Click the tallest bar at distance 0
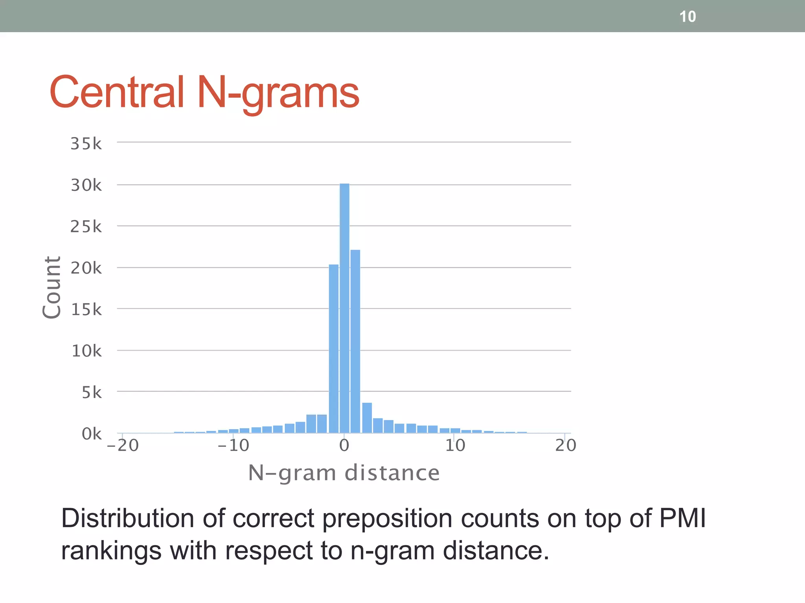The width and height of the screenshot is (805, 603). coord(344,308)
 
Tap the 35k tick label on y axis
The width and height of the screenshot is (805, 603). coord(86,144)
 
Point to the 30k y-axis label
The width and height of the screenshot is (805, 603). coord(86,185)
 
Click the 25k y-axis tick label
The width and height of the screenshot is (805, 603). coord(86,227)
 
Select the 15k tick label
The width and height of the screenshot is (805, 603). coord(86,310)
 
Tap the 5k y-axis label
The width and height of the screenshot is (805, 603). coord(92,393)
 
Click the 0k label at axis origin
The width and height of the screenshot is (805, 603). coord(92,434)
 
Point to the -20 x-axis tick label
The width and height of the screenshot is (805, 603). coord(123,446)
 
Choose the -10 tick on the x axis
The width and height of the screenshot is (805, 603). coord(233,446)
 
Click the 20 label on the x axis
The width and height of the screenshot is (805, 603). coord(566,446)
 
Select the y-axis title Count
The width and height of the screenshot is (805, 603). coord(52,287)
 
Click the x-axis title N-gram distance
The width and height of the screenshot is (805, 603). coord(344,473)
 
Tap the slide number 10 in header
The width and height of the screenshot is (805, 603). coord(687,17)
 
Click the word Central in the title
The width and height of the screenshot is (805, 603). coord(117,93)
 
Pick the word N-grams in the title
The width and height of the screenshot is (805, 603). coord(278,93)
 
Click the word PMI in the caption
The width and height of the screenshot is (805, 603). coord(682,519)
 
